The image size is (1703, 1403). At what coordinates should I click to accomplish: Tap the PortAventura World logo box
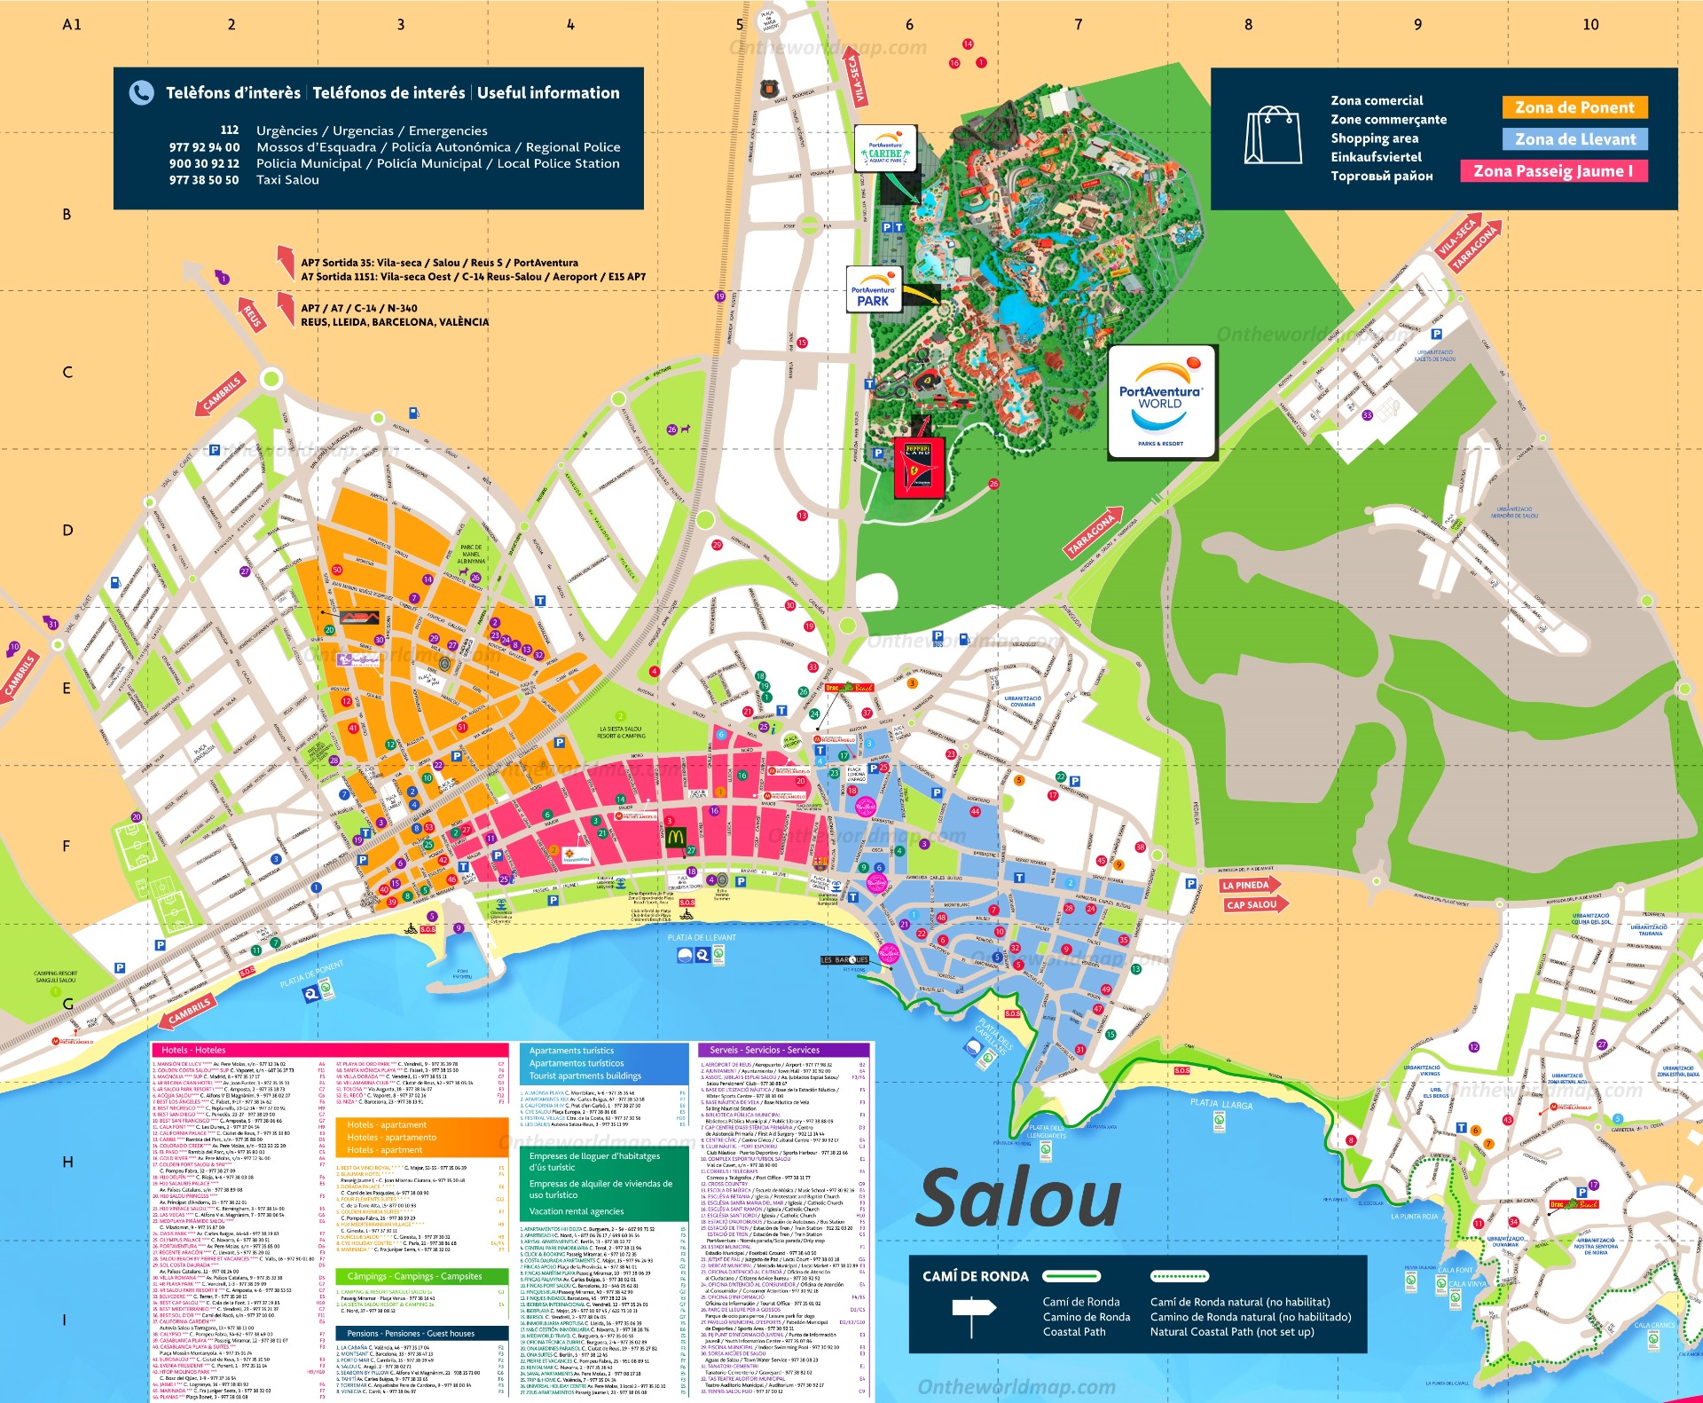[x=1161, y=402]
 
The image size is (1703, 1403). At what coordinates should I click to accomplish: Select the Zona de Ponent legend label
[x=1574, y=107]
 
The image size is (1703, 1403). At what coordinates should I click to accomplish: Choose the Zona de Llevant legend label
[x=1574, y=139]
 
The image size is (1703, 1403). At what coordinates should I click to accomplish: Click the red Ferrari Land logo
[x=918, y=466]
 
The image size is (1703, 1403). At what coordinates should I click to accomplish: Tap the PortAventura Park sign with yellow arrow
[x=874, y=290]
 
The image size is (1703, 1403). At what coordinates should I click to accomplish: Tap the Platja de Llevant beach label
[x=701, y=937]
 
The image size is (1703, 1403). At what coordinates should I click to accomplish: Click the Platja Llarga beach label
[x=1220, y=1104]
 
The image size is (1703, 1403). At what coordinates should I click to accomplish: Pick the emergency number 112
[x=229, y=130]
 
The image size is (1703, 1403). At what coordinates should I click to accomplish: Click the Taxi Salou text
[x=287, y=180]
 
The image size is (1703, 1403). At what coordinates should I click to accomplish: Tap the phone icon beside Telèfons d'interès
[x=141, y=92]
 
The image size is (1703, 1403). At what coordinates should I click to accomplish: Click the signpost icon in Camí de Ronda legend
[x=973, y=1313]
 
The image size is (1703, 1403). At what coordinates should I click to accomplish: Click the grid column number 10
[x=1589, y=25]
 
